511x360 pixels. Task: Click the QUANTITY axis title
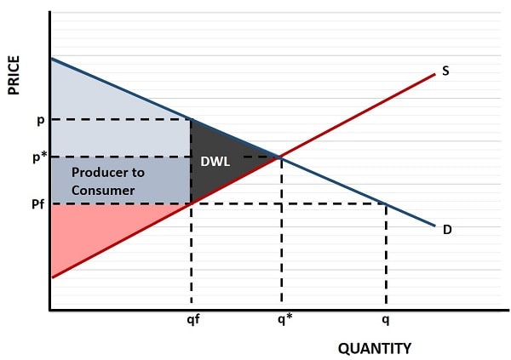pos(374,348)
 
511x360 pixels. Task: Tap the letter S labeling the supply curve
pos(445,72)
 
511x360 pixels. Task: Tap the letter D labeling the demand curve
pos(446,229)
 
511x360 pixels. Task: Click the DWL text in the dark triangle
pos(215,161)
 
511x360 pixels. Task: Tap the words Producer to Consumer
pos(107,181)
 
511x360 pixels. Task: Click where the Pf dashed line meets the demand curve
pos(387,204)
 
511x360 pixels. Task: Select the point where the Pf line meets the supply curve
pos(191,204)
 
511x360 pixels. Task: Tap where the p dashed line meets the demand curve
pos(191,119)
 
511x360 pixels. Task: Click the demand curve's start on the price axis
pos(51,58)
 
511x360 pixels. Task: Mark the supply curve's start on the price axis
pos(51,277)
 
